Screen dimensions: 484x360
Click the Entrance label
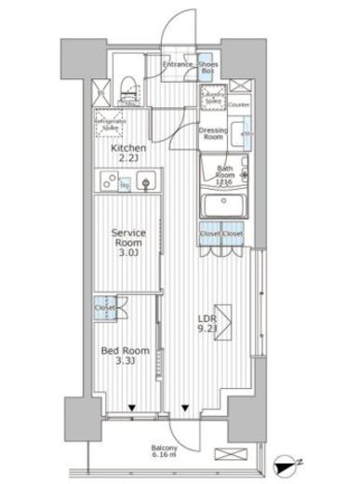coord(177,65)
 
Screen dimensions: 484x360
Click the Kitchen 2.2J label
coord(127,155)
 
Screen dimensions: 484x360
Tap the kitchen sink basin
coord(146,184)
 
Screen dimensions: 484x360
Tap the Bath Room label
coord(224,173)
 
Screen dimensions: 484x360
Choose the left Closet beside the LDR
coord(209,235)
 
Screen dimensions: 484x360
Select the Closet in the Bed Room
coord(105,306)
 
